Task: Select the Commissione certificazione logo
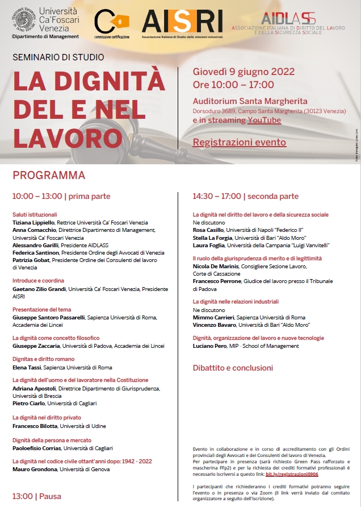(x=112, y=24)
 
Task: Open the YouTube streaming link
(x=264, y=120)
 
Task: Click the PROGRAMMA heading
(x=49, y=174)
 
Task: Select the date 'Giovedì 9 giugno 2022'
(x=244, y=72)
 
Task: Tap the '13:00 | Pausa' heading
(x=37, y=496)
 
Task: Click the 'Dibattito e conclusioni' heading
(x=233, y=368)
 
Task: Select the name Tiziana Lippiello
(x=34, y=222)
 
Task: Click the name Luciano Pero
(x=209, y=346)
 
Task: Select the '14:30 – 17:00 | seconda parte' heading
(x=245, y=196)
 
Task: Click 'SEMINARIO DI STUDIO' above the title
(x=58, y=57)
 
